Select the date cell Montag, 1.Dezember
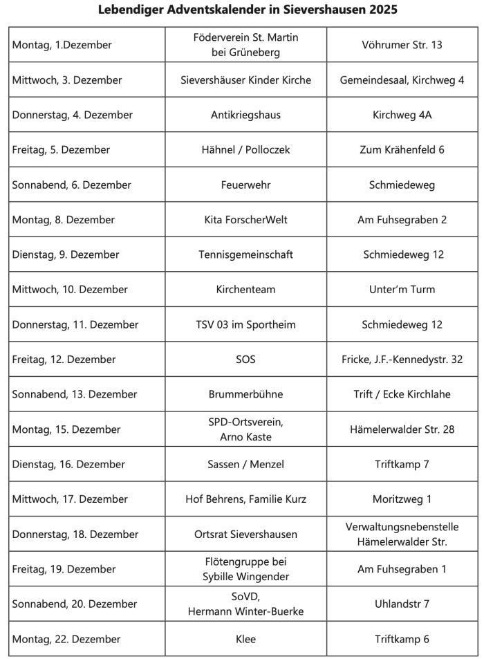pyautogui.click(x=62, y=45)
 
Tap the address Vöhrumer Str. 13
pyautogui.click(x=402, y=45)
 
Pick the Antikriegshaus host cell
pyautogui.click(x=245, y=115)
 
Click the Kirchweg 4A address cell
pyautogui.click(x=402, y=115)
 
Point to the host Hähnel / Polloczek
pyautogui.click(x=245, y=149)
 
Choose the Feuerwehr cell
pyautogui.click(x=245, y=185)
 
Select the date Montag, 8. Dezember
pyautogui.click(x=64, y=220)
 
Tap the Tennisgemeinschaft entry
pyautogui.click(x=245, y=254)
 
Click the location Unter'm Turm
pyautogui.click(x=402, y=289)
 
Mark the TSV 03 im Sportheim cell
pyautogui.click(x=245, y=324)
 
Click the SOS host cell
pyautogui.click(x=245, y=360)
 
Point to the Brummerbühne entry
pyautogui.click(x=245, y=394)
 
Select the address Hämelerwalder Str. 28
pyautogui.click(x=402, y=429)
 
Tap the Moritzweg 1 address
pyautogui.click(x=402, y=499)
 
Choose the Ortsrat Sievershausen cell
pyautogui.click(x=245, y=534)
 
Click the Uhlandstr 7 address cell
pyautogui.click(x=402, y=604)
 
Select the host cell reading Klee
pyautogui.click(x=245, y=639)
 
